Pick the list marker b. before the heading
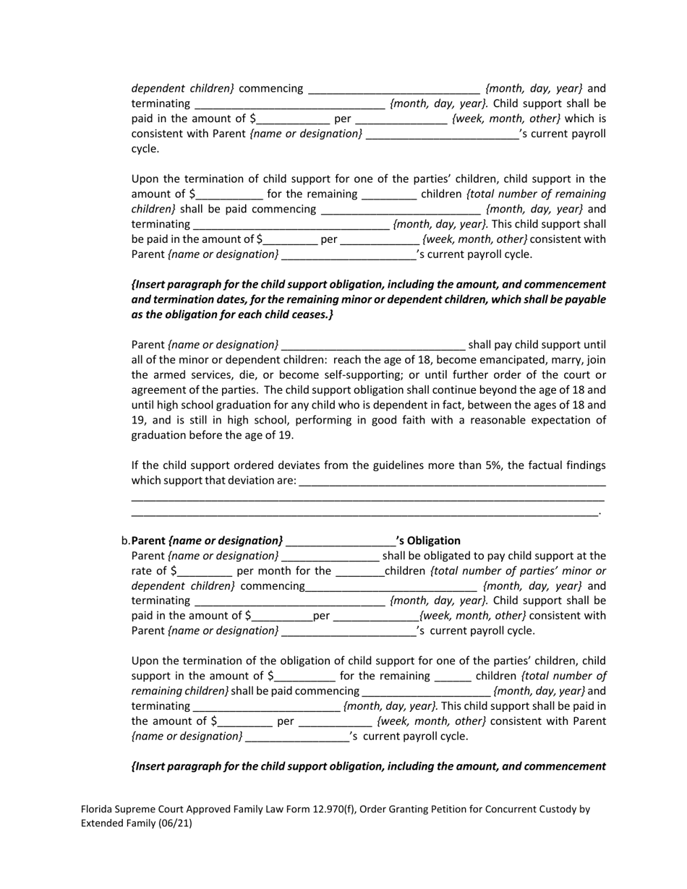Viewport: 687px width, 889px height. [x=126, y=541]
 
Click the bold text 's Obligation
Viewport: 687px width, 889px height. [x=428, y=541]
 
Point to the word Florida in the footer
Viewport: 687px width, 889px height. [x=98, y=809]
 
